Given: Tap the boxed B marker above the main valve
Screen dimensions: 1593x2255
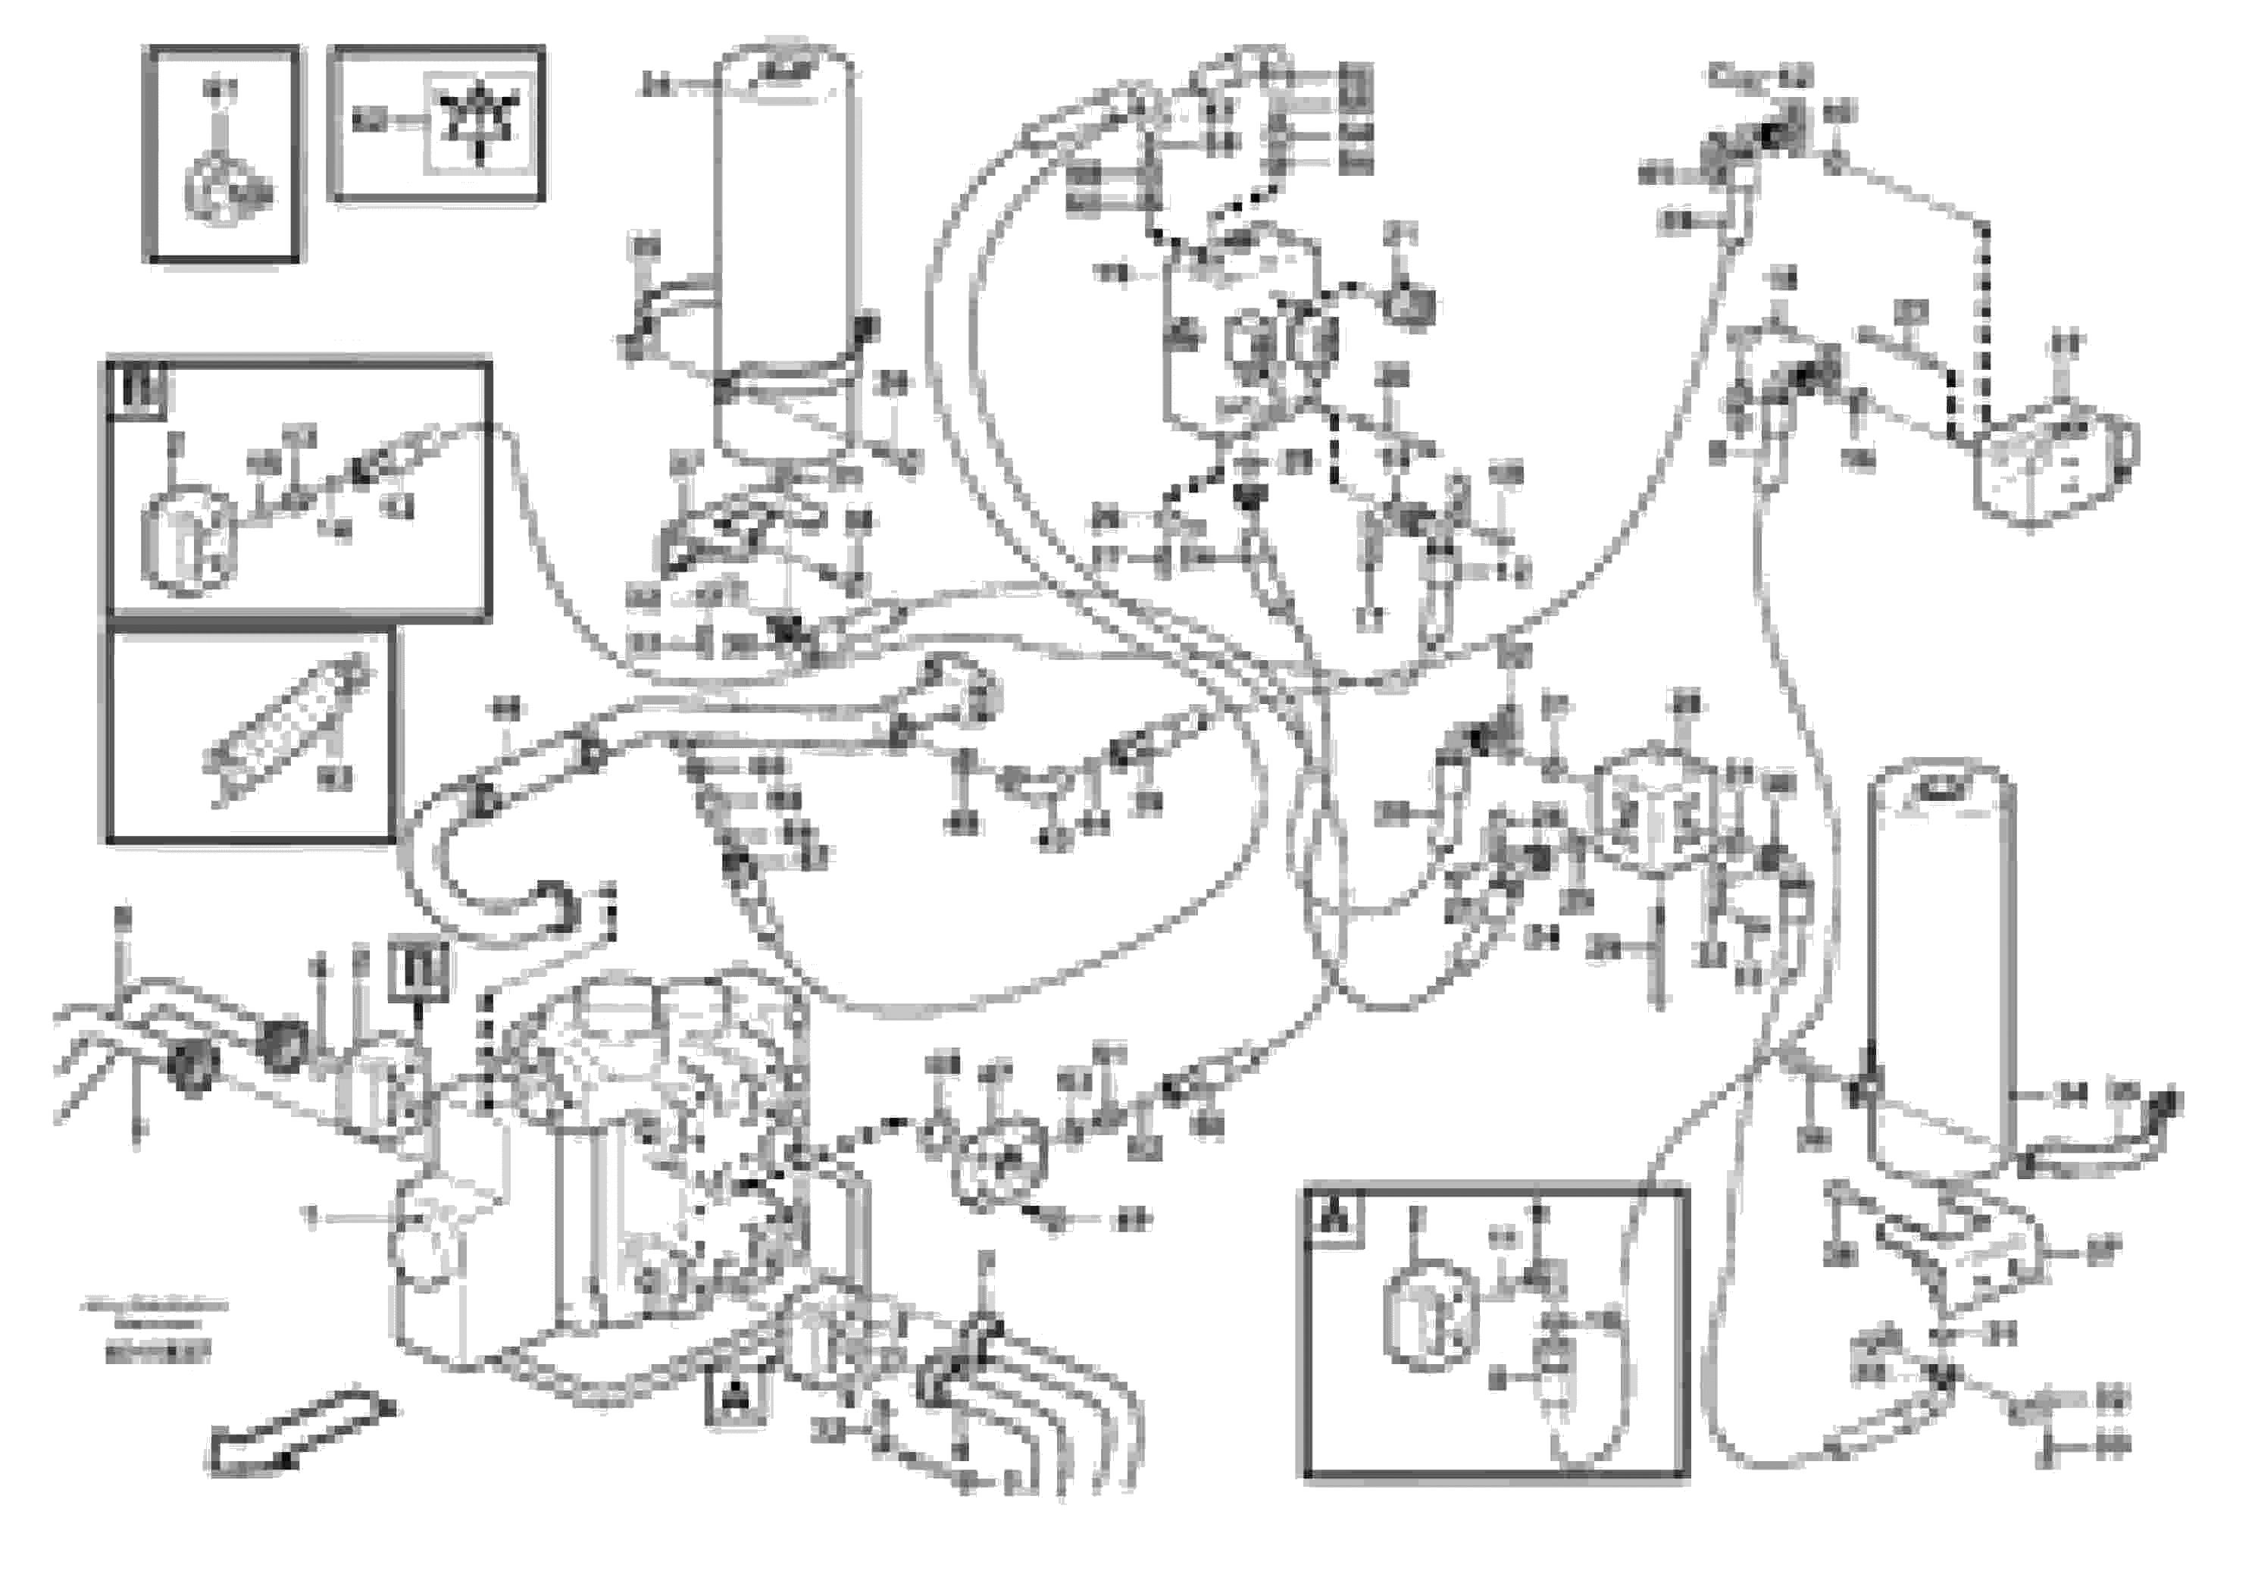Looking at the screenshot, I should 419,970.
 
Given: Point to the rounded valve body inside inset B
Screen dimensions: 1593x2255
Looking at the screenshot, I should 189,540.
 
